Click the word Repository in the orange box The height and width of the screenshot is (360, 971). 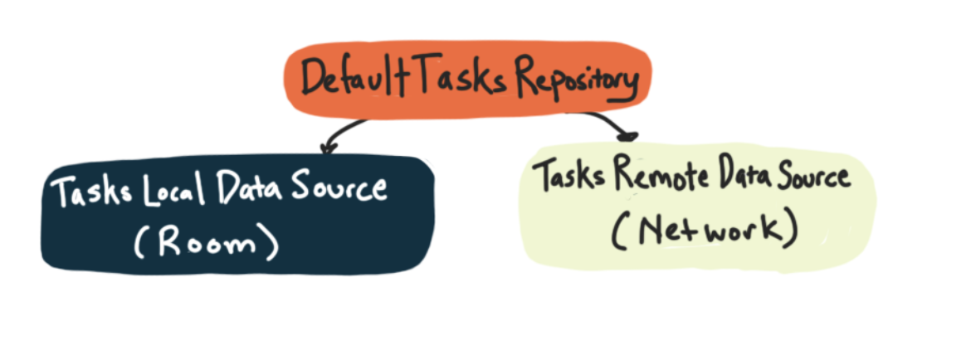(x=577, y=80)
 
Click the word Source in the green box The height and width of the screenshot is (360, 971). (x=812, y=178)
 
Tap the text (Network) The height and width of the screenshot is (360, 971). (x=705, y=231)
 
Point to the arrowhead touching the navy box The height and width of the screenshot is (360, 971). (x=325, y=149)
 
